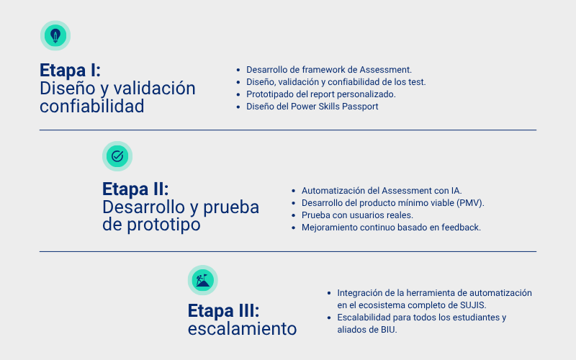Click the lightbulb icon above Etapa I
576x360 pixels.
pyautogui.click(x=55, y=35)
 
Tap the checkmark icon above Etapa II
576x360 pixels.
pyautogui.click(x=117, y=156)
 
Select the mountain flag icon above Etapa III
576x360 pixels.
pyautogui.click(x=202, y=280)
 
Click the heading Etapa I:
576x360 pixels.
pyautogui.click(x=70, y=71)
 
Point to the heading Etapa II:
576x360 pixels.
pyautogui.click(x=135, y=189)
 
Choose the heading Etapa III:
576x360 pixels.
pyautogui.click(x=224, y=311)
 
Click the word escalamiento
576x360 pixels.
pyautogui.click(x=242, y=329)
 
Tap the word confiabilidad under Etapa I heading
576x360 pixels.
pyautogui.click(x=91, y=107)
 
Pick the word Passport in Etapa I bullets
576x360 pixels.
pyautogui.click(x=360, y=107)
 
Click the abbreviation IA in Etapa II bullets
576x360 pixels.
pyautogui.click(x=455, y=191)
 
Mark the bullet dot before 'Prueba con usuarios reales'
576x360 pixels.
pyautogui.click(x=293, y=215)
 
